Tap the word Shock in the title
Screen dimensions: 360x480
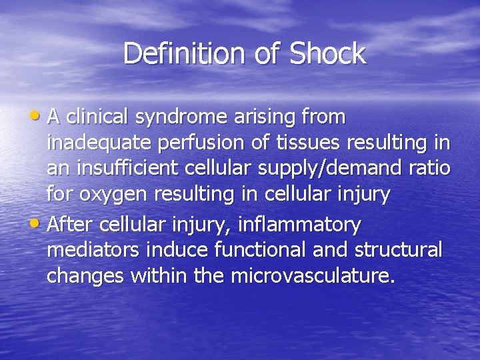click(328, 54)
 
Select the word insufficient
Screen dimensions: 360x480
click(130, 168)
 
